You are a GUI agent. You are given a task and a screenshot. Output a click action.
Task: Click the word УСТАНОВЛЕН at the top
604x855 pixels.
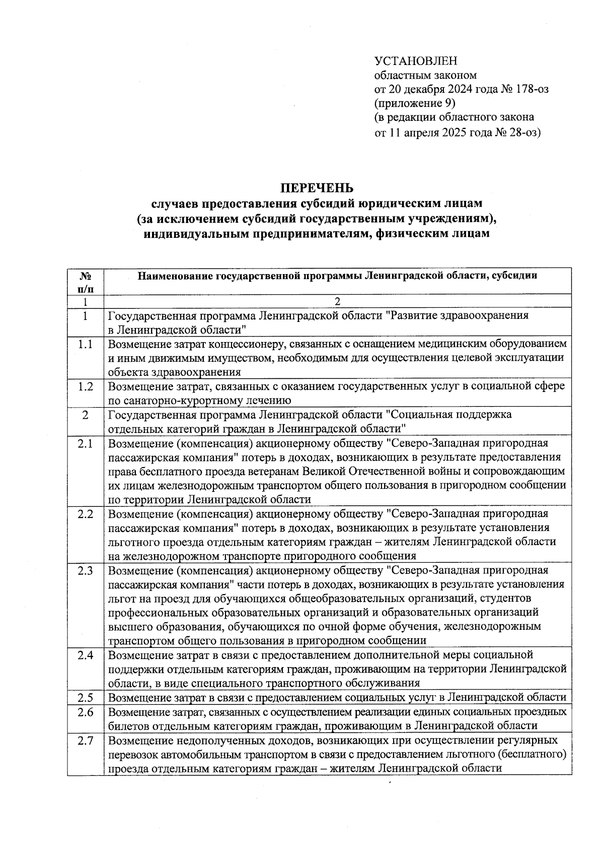(x=416, y=61)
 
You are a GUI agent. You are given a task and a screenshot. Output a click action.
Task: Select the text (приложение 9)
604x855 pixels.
(x=415, y=104)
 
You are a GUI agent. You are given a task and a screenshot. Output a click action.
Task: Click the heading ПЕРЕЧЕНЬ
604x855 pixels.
(x=317, y=188)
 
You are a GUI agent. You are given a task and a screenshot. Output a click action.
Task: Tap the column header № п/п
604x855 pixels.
(x=85, y=282)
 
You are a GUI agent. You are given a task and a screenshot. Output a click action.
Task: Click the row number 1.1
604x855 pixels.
(x=85, y=344)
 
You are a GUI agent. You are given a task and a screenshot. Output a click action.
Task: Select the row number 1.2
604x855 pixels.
(x=85, y=386)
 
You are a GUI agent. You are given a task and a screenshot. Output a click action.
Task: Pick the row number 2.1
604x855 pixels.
(x=85, y=444)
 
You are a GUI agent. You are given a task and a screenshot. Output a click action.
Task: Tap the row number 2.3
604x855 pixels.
(x=85, y=571)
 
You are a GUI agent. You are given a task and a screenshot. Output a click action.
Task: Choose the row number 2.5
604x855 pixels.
(x=85, y=698)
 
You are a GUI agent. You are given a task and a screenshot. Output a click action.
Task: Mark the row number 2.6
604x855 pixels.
(x=85, y=712)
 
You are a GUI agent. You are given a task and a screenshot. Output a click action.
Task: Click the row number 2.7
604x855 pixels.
(x=85, y=741)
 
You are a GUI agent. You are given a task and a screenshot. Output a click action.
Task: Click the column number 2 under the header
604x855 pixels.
(x=337, y=302)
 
